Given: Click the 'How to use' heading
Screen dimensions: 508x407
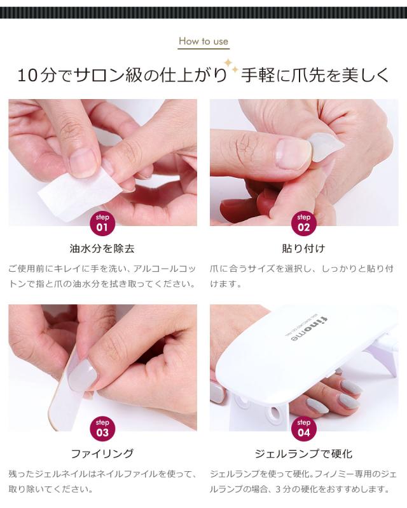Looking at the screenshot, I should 203,42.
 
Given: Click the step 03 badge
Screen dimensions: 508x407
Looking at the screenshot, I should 102,428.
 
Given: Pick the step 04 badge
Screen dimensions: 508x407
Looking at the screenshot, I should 303,428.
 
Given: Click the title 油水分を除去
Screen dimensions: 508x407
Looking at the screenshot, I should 102,248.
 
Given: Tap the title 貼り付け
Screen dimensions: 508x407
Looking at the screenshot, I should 303,248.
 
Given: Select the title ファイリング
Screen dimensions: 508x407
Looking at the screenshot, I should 102,453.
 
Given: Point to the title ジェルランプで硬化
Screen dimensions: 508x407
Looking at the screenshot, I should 303,453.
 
